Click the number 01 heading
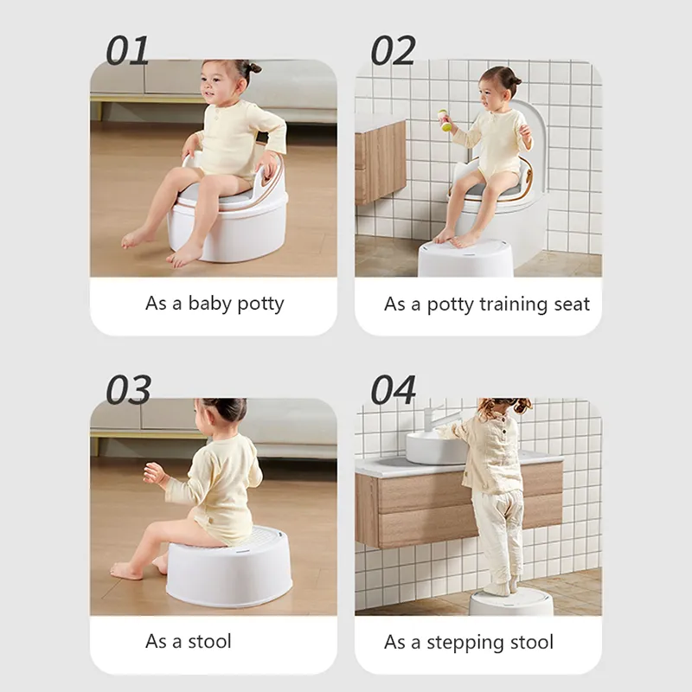coord(127,51)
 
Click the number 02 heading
coord(393,51)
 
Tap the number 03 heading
coord(128,390)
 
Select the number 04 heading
coord(393,390)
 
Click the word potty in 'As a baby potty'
coord(260,304)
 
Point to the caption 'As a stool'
coord(188,641)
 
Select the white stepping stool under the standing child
coord(510,602)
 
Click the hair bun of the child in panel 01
coord(253,69)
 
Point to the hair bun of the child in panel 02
coord(515,80)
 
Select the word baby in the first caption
coord(210,304)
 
